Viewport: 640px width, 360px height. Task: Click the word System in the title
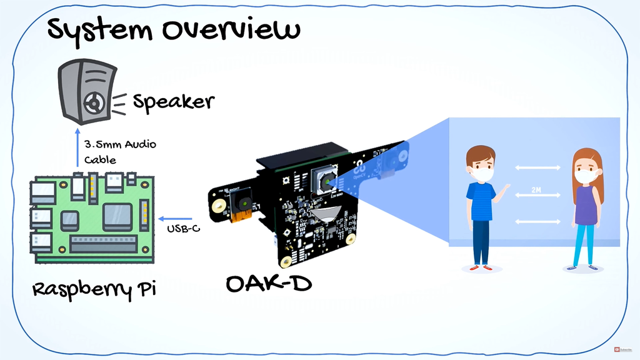pos(97,30)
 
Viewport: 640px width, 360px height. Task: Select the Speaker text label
pos(173,102)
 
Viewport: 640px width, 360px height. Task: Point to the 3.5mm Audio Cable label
pos(119,152)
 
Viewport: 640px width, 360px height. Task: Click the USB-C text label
pos(183,229)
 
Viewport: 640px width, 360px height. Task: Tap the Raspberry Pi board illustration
pos(92,217)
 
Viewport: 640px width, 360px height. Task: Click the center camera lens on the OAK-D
pos(326,182)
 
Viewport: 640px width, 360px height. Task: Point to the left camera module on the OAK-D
pos(240,204)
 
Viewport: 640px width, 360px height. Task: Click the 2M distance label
pos(536,189)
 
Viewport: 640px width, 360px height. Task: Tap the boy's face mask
pos(482,174)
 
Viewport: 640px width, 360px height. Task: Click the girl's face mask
pos(586,177)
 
